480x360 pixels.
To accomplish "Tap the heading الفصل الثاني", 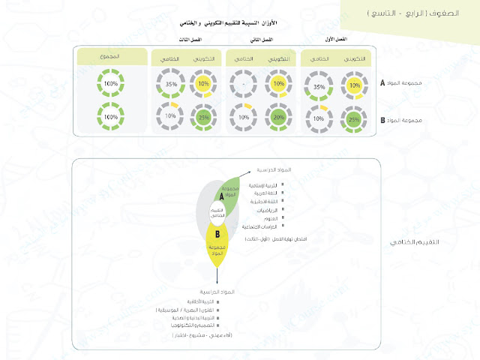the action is click(x=260, y=38).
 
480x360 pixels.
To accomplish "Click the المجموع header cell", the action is click(x=110, y=57).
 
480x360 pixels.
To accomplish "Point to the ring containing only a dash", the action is click(x=243, y=85).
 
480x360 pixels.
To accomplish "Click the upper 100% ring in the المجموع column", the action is click(x=110, y=85).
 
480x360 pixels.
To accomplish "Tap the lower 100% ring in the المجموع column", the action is click(x=110, y=118).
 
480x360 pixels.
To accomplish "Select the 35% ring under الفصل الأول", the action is click(x=319, y=87).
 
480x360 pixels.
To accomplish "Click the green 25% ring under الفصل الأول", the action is click(x=353, y=118).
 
